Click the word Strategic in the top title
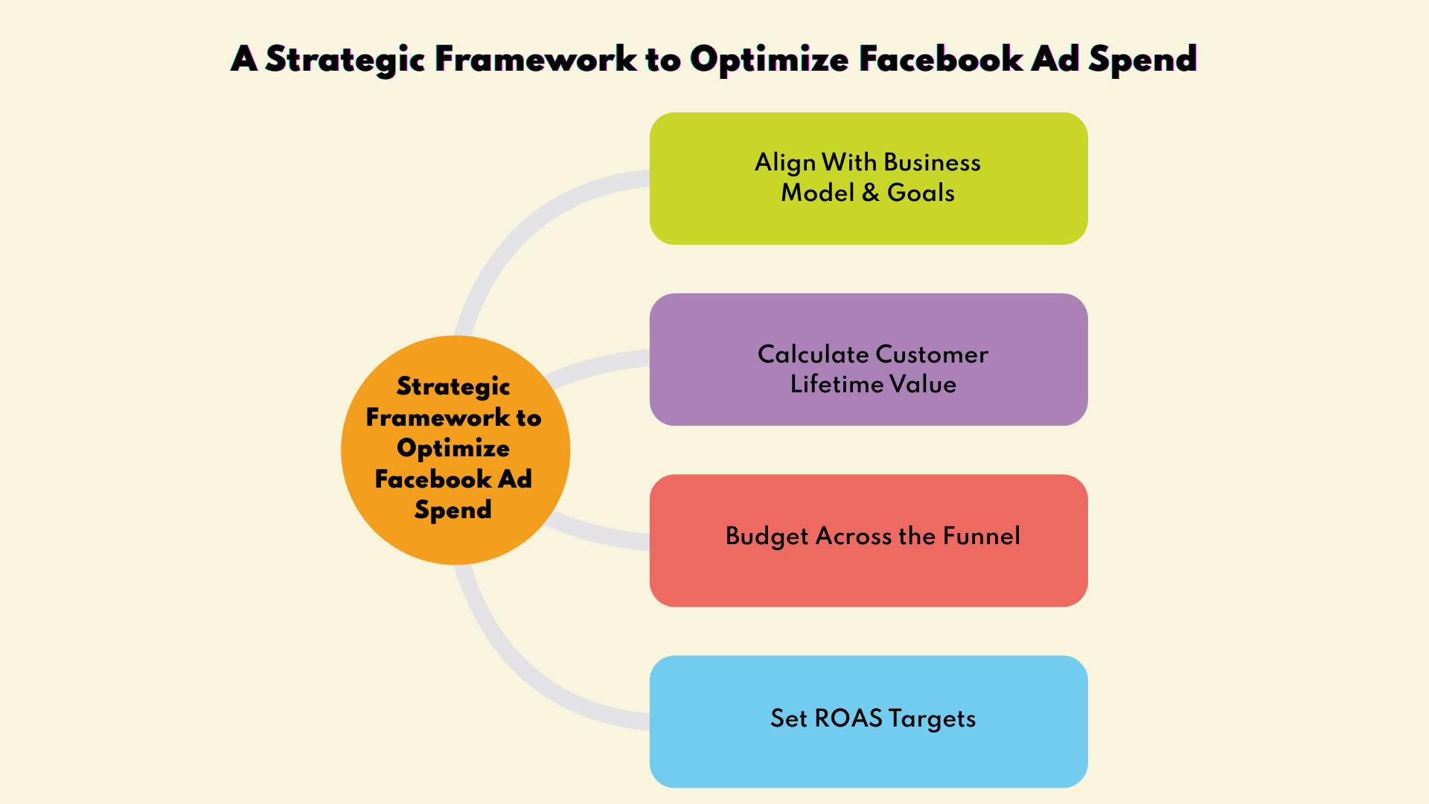345,60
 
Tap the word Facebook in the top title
941,59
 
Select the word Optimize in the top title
769,60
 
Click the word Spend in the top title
1142,60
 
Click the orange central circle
455,450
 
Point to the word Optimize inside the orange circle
453,448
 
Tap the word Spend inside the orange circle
453,510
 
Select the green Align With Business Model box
869,179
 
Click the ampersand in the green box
871,193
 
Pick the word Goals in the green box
921,193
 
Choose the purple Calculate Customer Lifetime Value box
869,360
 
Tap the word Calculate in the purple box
813,354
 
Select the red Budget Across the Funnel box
869,540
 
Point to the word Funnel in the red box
982,536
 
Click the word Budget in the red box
767,537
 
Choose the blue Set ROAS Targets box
869,721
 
